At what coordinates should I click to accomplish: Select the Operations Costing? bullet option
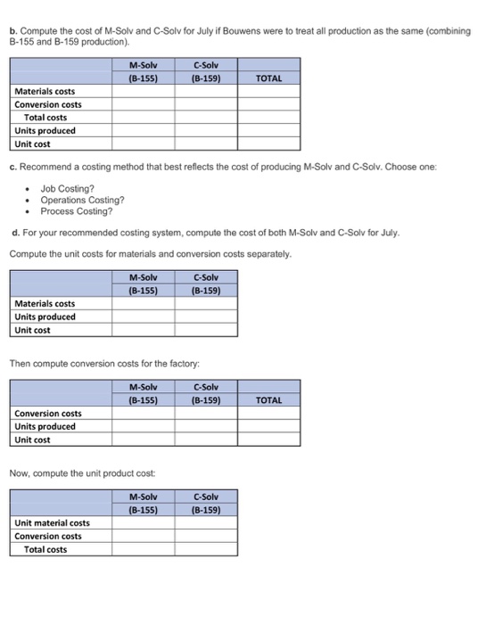point(82,200)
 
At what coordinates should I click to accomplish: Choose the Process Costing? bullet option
point(77,211)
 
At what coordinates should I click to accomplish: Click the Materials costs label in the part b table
point(45,91)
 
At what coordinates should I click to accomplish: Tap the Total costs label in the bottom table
point(45,549)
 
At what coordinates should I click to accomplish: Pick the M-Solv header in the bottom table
point(143,497)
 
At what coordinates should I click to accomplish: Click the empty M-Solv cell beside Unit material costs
point(143,522)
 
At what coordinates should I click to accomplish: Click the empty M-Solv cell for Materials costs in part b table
point(143,91)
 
